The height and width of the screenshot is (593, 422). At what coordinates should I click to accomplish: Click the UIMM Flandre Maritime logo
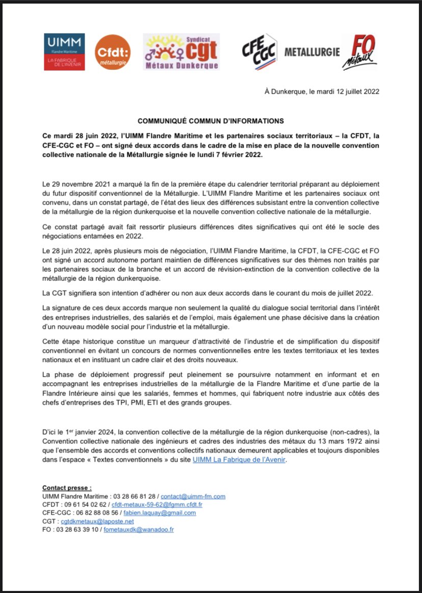(x=64, y=52)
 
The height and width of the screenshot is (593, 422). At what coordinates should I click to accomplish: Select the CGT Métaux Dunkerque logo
(x=181, y=52)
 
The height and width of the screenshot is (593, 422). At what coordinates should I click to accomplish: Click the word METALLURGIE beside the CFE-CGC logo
(x=312, y=52)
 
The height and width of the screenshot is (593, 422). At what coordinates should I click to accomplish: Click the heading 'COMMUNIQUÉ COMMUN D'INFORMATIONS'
(x=211, y=121)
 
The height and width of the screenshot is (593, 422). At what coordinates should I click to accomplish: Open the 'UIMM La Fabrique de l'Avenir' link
(x=240, y=459)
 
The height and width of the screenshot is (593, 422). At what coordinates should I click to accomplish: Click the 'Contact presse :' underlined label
(x=67, y=488)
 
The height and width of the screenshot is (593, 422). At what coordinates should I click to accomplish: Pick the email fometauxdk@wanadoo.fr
(x=138, y=530)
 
